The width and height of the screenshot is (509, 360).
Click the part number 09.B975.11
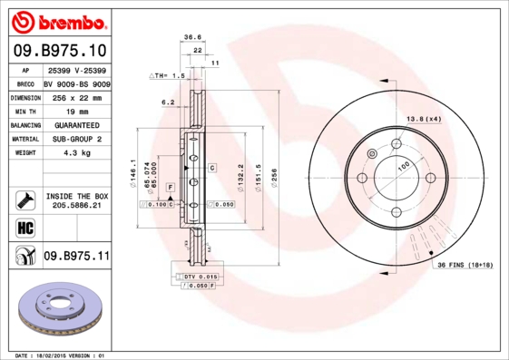click(x=76, y=258)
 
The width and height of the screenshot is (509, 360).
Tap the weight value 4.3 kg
click(x=76, y=153)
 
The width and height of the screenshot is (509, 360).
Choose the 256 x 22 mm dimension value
click(x=76, y=96)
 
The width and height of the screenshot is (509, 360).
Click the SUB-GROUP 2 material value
click(x=76, y=139)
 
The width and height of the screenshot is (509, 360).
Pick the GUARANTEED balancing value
click(x=76, y=124)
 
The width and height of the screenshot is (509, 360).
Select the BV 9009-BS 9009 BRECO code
click(x=76, y=83)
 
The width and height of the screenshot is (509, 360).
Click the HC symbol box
click(x=24, y=227)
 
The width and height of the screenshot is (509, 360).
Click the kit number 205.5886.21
click(x=77, y=206)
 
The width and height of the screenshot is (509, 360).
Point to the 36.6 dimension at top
click(x=192, y=37)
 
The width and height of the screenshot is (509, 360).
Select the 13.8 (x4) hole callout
click(x=424, y=119)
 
